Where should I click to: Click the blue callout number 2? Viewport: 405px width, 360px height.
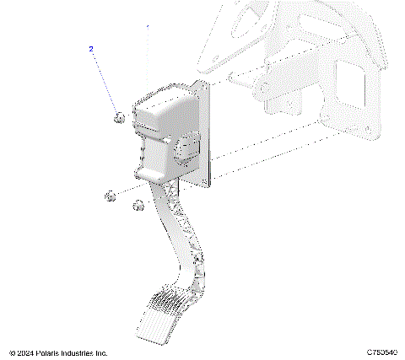91,50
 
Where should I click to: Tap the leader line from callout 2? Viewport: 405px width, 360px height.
105,82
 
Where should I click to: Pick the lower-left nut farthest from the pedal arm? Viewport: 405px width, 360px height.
109,196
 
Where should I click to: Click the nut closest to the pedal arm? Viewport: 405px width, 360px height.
138,205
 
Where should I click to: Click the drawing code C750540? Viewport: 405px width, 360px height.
383,352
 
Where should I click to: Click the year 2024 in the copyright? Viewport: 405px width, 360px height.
25,352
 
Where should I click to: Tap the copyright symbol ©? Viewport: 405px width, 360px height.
11,352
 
